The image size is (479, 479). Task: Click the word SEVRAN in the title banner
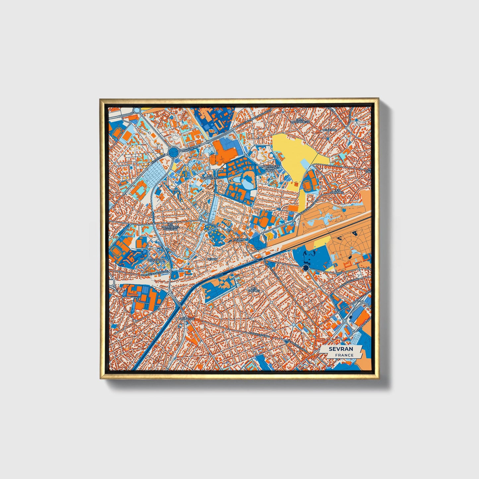coord(341,349)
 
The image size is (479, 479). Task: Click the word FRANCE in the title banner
coord(344,355)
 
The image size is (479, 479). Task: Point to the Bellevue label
coord(329,130)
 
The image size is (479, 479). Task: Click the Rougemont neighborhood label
coord(156,260)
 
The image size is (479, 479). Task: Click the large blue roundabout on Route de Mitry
coord(173,152)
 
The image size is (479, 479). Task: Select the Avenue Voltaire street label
coord(347,285)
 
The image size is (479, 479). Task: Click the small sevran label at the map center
coord(239,239)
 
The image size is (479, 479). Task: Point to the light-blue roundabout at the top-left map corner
coord(137,110)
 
